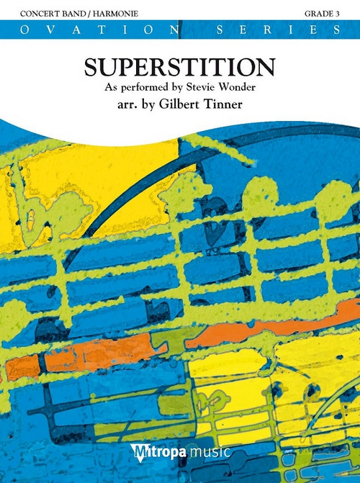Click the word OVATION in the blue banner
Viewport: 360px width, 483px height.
pyautogui.click(x=87, y=30)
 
